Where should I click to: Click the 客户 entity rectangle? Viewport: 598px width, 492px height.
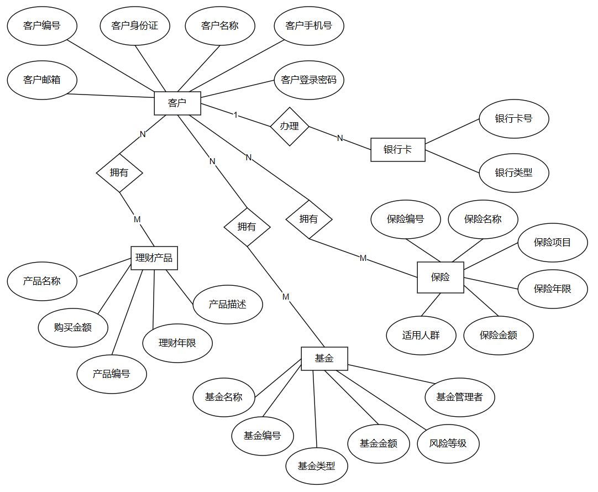tap(177, 103)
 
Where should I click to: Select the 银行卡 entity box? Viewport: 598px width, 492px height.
tap(397, 150)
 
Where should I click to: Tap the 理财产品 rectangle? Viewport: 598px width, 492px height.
tap(154, 258)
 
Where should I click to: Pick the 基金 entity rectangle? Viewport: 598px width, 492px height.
tap(324, 359)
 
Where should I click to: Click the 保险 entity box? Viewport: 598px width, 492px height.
tap(440, 278)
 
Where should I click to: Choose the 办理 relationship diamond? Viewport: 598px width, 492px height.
tap(289, 127)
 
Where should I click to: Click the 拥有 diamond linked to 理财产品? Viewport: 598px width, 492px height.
tap(119, 172)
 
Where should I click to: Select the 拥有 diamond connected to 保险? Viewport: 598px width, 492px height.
tap(309, 219)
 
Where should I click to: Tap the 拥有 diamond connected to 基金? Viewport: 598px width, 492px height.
tap(247, 227)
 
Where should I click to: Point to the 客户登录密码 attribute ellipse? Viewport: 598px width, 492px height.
tap(309, 80)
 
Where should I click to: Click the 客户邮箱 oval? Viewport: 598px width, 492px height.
tap(42, 80)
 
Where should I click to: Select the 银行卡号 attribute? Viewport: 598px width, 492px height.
tap(513, 119)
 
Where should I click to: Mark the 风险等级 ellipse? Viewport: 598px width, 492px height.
tap(448, 443)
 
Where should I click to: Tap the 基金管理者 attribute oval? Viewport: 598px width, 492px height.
tap(459, 397)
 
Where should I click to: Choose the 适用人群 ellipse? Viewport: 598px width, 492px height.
tap(421, 335)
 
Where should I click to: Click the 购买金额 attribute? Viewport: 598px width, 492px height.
tap(73, 328)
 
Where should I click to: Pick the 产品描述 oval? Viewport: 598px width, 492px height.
tap(228, 305)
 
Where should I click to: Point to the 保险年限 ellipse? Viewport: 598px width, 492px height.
tap(552, 289)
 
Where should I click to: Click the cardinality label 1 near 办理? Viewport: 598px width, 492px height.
tap(236, 115)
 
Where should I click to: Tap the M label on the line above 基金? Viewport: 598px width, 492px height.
tap(286, 297)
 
